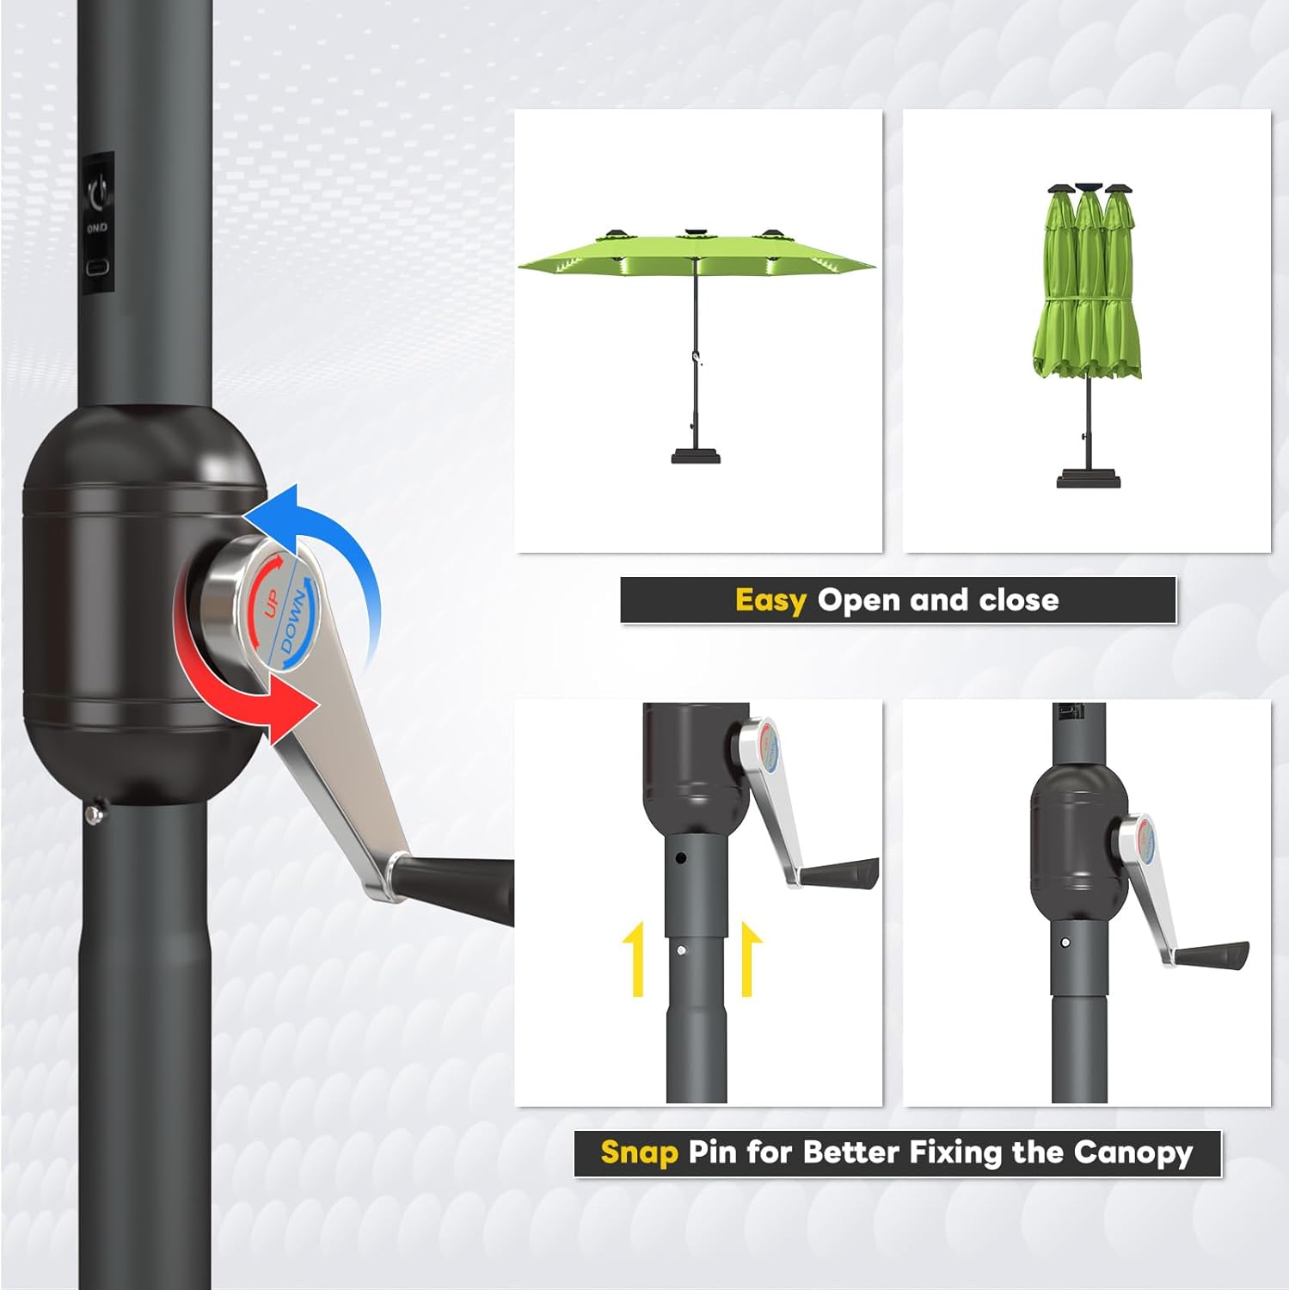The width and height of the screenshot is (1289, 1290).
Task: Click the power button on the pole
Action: click(99, 191)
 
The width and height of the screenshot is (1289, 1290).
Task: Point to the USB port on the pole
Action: click(98, 266)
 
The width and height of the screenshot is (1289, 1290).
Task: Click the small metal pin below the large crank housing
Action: click(95, 814)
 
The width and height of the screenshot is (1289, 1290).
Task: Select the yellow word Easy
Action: click(770, 600)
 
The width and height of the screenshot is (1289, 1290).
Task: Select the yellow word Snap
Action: click(639, 1152)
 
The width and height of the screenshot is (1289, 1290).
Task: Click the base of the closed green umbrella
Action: click(1088, 477)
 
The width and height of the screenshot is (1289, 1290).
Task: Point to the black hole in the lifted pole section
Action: click(680, 858)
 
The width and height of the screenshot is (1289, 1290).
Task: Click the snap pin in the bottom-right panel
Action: click(1066, 943)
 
